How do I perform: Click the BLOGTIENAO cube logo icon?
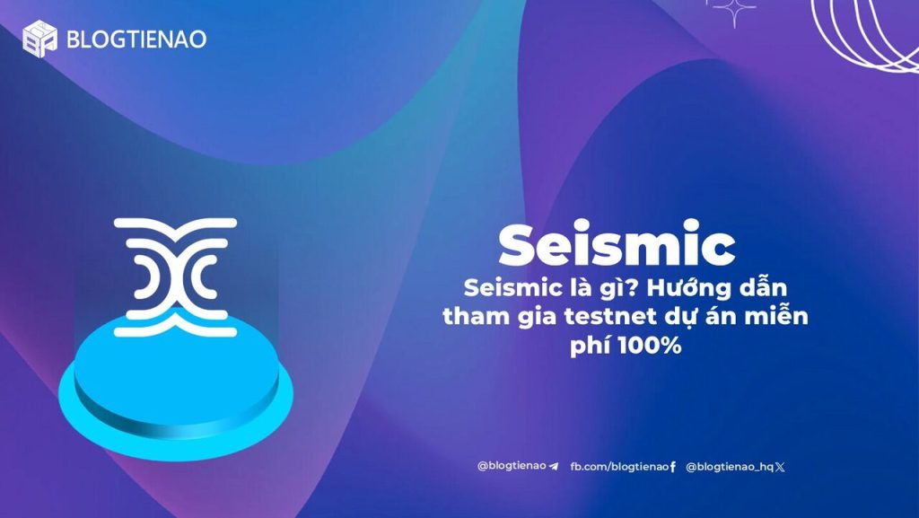[39, 39]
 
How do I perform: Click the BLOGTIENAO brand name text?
[136, 40]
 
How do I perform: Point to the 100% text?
[650, 345]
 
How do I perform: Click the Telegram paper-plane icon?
[554, 467]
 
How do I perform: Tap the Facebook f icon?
[673, 467]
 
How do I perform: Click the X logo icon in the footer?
[780, 467]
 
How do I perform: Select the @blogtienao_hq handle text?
[730, 467]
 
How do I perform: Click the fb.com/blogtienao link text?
[619, 467]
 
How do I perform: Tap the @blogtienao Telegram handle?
[512, 467]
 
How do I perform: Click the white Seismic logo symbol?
[175, 277]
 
